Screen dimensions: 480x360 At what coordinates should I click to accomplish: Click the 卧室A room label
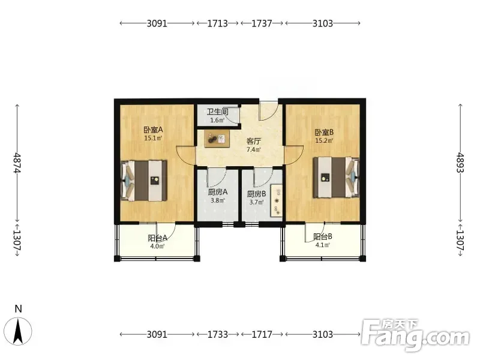(154, 130)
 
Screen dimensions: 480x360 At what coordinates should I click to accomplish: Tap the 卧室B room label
(324, 133)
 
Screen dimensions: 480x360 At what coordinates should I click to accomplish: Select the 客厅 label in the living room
(254, 142)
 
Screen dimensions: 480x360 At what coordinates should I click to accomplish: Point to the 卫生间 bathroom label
(217, 112)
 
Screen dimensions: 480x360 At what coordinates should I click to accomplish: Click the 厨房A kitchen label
(218, 192)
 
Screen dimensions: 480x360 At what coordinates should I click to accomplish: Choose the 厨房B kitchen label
(257, 194)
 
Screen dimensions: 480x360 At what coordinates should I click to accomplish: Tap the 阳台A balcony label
(157, 238)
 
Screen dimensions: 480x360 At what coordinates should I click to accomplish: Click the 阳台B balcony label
(323, 236)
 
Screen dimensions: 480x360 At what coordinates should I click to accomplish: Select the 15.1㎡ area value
(153, 138)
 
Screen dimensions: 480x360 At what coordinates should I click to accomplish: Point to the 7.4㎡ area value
(254, 149)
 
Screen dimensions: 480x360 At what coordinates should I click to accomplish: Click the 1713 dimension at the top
(218, 23)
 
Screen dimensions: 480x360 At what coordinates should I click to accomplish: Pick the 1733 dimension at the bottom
(218, 334)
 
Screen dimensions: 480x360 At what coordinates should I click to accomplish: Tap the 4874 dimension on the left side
(17, 163)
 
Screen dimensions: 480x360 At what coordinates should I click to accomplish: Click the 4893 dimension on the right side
(460, 163)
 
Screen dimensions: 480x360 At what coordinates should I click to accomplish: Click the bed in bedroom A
(144, 181)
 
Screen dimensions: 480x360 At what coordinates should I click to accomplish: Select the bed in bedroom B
(336, 177)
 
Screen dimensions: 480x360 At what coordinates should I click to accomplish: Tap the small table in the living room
(217, 139)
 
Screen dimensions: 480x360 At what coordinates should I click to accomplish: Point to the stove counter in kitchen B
(276, 201)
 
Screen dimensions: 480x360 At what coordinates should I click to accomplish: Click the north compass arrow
(19, 331)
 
